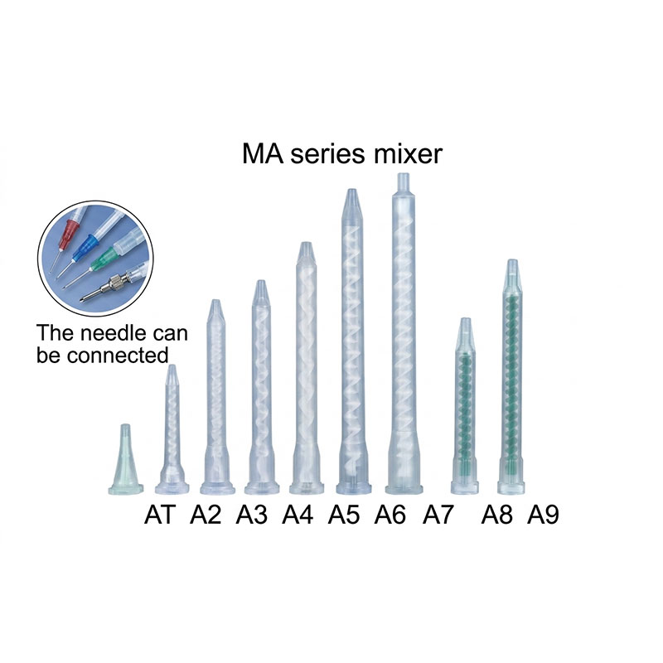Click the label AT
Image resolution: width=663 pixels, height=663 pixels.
(x=159, y=515)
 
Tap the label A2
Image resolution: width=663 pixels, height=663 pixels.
(x=205, y=515)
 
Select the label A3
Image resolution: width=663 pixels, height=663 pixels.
(x=252, y=515)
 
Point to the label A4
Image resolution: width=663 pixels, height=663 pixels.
(x=298, y=515)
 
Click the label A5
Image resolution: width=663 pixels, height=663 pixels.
(x=344, y=515)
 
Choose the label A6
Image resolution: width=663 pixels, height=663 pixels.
(x=390, y=515)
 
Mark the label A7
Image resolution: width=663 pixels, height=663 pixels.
(x=438, y=515)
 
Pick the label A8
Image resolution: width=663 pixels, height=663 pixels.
(x=496, y=515)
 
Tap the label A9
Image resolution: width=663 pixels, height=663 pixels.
(x=543, y=515)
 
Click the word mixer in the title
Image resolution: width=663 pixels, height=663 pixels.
(x=407, y=154)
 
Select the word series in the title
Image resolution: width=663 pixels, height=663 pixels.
(x=327, y=155)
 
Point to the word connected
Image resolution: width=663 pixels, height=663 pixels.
(x=118, y=356)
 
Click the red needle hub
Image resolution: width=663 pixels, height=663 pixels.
(x=68, y=235)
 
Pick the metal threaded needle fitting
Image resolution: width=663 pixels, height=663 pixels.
(x=111, y=284)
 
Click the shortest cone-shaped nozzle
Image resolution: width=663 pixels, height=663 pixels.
(x=125, y=460)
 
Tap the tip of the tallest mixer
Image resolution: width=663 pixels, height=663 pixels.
(x=404, y=174)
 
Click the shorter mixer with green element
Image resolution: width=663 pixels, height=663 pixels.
(x=465, y=406)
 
